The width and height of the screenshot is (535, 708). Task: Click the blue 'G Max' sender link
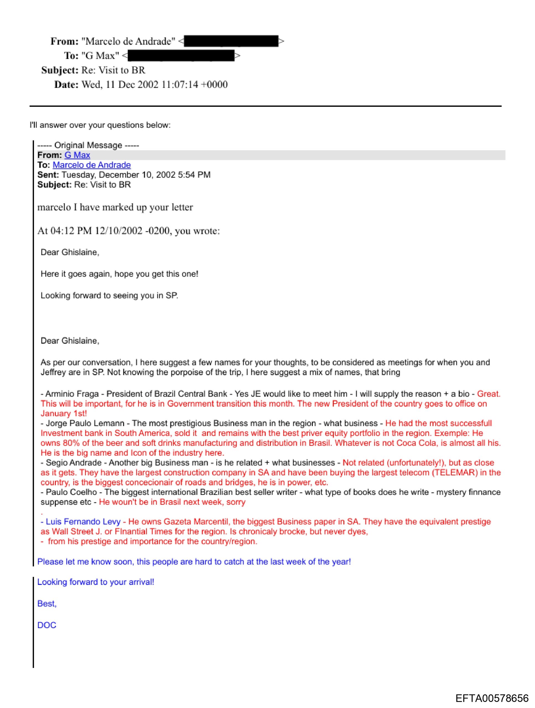pos(77,155)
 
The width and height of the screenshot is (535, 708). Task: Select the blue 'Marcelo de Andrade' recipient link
pos(92,165)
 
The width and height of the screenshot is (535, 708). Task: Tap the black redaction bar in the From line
pos(231,41)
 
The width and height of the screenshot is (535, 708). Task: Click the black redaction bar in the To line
pos(181,56)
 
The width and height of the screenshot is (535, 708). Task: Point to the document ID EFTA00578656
pos(492,698)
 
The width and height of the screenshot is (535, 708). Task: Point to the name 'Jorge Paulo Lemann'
pos(85,423)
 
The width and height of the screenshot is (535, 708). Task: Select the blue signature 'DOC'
pos(47,625)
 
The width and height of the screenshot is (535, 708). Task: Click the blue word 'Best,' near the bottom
pos(47,604)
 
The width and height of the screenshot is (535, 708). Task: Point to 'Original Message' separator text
pos(88,145)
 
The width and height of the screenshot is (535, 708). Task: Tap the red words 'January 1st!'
pos(64,413)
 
